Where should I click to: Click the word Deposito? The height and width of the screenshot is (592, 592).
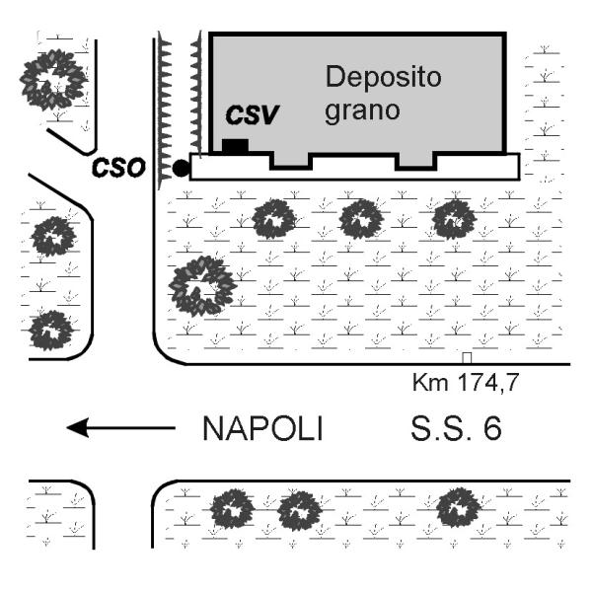pos(383,77)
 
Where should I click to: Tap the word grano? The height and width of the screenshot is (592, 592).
pos(362,111)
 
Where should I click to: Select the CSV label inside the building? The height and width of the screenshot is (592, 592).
pos(253,114)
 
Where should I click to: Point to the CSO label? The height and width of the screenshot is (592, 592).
pos(118,168)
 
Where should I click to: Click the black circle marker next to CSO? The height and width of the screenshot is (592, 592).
pos(181,168)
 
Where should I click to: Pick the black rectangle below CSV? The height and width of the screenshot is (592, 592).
pos(235,146)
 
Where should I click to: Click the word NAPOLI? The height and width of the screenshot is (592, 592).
pos(262,428)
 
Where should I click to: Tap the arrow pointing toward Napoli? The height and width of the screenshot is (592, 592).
pos(120,428)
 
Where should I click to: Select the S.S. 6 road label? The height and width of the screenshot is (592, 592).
pos(456,428)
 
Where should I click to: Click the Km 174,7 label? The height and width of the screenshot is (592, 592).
pos(466,382)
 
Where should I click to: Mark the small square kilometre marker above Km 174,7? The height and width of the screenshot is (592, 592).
pos(467,358)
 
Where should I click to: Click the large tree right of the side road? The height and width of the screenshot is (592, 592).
pos(202,286)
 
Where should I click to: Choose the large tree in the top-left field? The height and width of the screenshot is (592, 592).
pos(53,79)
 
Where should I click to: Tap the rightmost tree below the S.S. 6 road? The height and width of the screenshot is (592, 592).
pos(458,507)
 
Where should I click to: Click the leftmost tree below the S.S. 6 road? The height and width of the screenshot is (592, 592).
pos(232,509)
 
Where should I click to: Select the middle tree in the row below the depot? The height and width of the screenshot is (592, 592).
pos(361,219)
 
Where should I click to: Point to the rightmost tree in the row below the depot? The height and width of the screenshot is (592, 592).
pos(454,220)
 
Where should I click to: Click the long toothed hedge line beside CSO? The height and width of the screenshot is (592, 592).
pos(164,111)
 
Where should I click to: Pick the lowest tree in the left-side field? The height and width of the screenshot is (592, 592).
pos(51,331)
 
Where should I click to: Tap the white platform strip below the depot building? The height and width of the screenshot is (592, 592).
pos(355,172)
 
